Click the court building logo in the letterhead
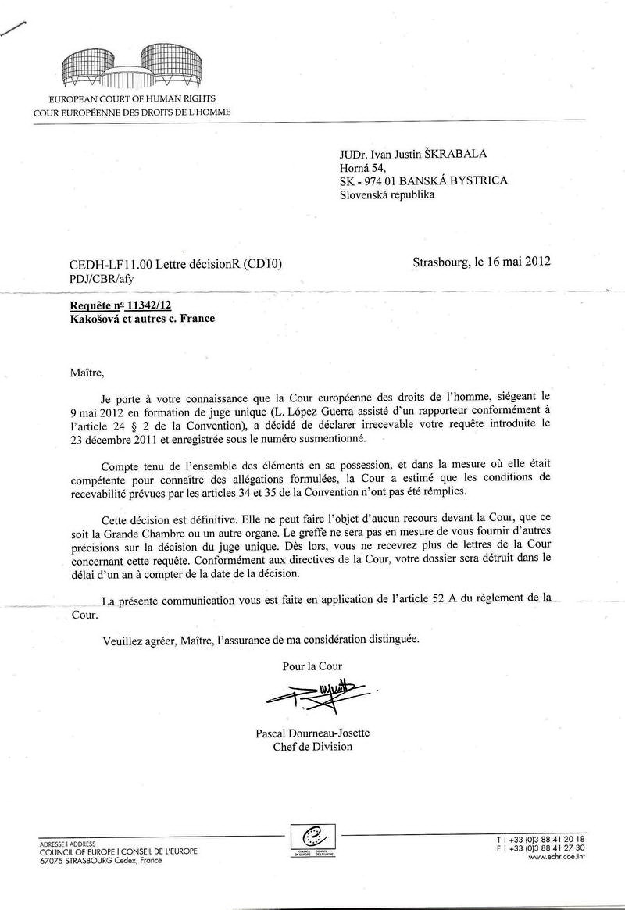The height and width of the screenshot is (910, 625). [131, 67]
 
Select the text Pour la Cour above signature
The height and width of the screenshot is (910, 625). [312, 666]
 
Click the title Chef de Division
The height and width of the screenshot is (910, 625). [312, 747]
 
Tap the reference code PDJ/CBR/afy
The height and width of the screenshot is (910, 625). [88, 277]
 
